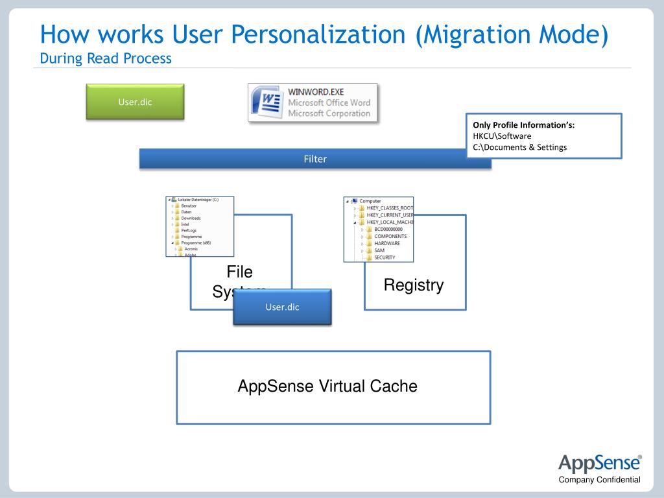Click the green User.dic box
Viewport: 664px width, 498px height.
(135, 101)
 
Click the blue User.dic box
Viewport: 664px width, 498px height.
(282, 307)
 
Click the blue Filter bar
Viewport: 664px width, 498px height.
(315, 159)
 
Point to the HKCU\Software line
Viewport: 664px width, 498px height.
(502, 136)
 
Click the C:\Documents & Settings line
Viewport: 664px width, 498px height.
(519, 147)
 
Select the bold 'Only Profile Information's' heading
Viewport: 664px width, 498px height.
(524, 124)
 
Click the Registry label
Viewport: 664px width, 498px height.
(414, 285)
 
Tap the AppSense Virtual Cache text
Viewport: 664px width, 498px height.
(327, 386)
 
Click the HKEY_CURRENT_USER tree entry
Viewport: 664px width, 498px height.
(390, 215)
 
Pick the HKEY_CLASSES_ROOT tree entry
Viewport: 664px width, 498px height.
(389, 208)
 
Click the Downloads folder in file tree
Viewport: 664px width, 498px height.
(191, 219)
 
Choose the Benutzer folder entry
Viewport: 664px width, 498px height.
(190, 206)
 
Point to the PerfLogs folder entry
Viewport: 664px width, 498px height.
(189, 231)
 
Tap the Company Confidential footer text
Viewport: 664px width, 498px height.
(600, 480)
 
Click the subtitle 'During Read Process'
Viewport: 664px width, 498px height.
(106, 58)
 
